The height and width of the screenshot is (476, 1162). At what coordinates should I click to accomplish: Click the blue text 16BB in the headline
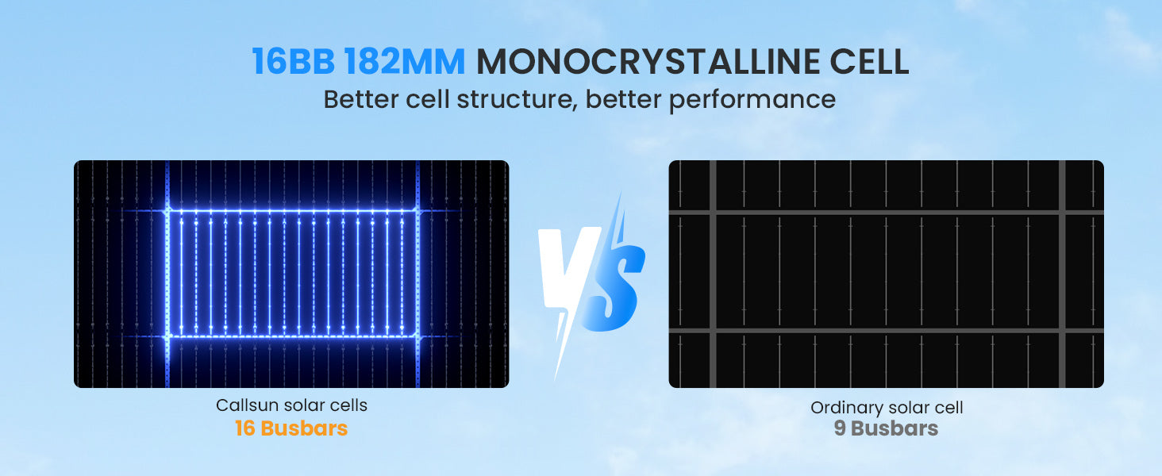click(x=293, y=62)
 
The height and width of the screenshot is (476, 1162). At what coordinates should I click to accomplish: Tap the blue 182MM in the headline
click(x=404, y=62)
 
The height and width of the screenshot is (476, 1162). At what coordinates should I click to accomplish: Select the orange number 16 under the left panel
click(x=244, y=428)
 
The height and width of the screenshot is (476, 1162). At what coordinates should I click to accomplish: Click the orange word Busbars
click(x=304, y=428)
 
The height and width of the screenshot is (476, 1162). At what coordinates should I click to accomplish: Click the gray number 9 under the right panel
click(x=839, y=428)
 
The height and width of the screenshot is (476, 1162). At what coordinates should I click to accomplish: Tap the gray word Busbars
click(x=895, y=428)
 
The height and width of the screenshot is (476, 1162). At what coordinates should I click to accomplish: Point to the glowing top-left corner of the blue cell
click(x=167, y=210)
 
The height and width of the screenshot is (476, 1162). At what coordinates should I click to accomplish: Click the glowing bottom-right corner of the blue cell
click(x=417, y=336)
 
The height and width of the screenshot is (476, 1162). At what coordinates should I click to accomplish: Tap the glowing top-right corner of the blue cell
click(x=417, y=210)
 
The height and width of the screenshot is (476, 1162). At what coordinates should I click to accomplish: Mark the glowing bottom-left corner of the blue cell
click(x=167, y=336)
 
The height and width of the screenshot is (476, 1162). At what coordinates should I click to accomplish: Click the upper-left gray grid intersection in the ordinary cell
click(x=713, y=213)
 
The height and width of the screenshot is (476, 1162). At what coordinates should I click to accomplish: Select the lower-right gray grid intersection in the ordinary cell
click(x=1062, y=330)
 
